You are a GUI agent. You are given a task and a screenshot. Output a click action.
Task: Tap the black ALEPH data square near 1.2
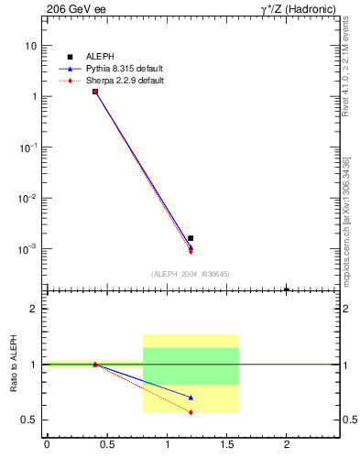click(191, 238)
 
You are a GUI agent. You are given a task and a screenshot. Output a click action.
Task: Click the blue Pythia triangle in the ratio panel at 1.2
click(191, 398)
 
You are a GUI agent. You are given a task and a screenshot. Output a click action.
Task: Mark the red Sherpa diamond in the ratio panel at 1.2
click(191, 412)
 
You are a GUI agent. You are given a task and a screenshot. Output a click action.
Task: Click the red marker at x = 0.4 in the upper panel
click(95, 92)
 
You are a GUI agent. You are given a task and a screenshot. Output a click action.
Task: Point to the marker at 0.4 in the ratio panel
click(95, 364)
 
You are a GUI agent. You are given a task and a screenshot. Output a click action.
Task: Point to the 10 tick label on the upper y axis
click(30, 46)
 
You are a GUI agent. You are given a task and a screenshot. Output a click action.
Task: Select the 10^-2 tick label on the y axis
click(28, 198)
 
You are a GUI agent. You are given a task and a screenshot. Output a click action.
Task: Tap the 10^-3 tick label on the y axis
click(28, 249)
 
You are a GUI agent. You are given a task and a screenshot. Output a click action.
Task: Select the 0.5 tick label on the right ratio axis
click(349, 420)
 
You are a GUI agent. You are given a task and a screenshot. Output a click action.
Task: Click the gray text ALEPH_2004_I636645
click(191, 273)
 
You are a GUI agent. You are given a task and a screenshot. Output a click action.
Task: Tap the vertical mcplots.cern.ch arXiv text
click(346, 229)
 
